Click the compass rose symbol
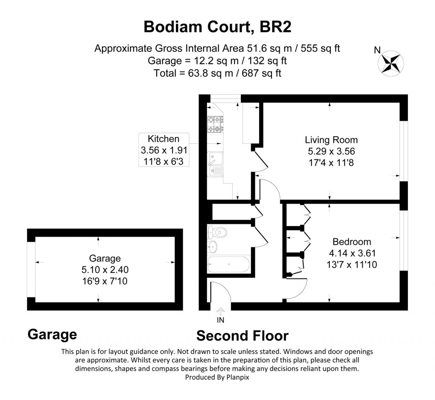click(391, 63)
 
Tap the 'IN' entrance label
click(220, 320)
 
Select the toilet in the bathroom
click(217, 232)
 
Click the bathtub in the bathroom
click(229, 264)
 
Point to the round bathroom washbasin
click(213, 246)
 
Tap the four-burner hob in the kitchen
click(215, 124)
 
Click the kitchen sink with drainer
click(215, 164)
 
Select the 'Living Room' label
click(331, 140)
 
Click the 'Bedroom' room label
click(352, 242)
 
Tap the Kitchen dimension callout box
click(164, 150)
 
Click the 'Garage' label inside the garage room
click(105, 258)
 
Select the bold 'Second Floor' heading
click(243, 336)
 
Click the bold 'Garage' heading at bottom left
click(52, 334)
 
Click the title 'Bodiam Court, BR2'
click(217, 27)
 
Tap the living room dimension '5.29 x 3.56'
click(331, 151)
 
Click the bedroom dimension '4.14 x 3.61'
click(352, 253)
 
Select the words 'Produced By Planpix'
click(217, 377)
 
